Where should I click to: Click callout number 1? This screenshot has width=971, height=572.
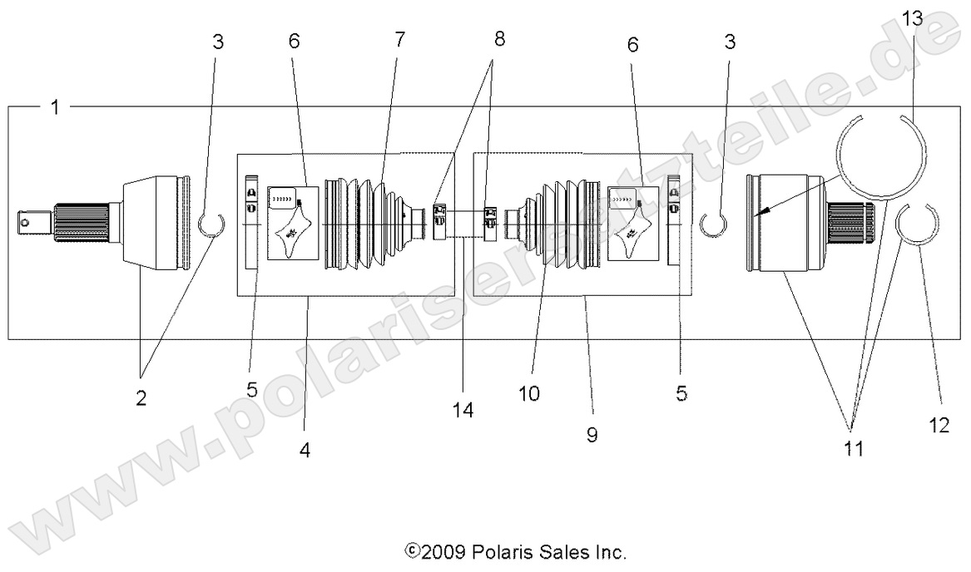[55, 108]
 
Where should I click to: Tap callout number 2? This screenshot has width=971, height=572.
[141, 397]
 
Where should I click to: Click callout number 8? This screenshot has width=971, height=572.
[498, 39]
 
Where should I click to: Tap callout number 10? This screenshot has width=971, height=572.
[529, 392]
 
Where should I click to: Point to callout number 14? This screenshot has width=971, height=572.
[463, 408]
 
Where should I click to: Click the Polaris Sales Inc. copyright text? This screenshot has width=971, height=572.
[515, 551]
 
